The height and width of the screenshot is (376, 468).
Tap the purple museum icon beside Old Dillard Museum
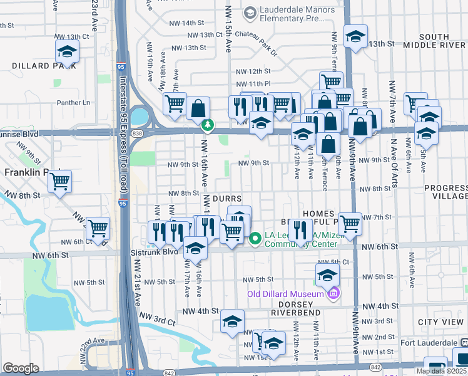(333, 293)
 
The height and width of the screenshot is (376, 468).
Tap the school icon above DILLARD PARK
(67, 51)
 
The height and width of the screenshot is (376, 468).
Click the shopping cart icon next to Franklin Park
(60, 182)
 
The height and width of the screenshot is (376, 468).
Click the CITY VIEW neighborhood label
(441, 322)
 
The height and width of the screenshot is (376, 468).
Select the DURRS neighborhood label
(227, 197)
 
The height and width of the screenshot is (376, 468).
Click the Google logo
(21, 368)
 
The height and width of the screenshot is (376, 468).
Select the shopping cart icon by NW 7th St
(350, 222)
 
